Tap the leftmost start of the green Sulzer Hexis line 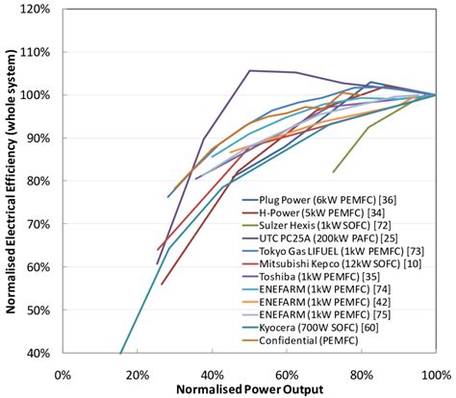[x=333, y=172]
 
